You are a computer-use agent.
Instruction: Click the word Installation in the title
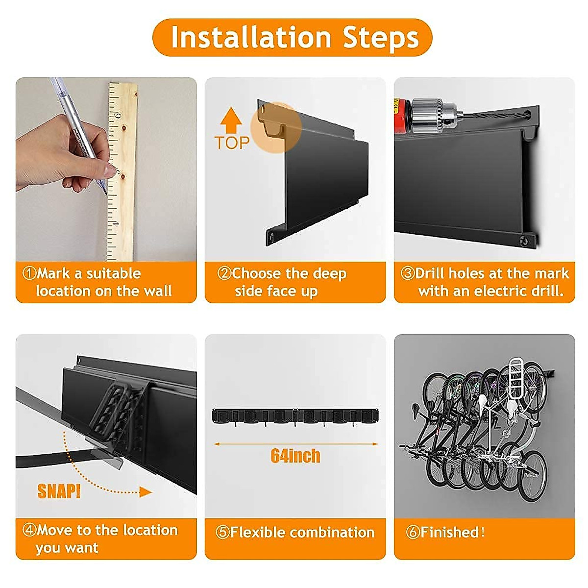coord(251,37)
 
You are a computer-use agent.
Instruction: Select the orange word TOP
coord(232,143)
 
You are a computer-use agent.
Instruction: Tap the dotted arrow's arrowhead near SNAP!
coord(145,492)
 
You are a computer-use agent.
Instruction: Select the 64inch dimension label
coord(295,456)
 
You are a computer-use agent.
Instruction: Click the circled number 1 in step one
coord(29,273)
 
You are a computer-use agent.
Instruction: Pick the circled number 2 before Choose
coord(224,273)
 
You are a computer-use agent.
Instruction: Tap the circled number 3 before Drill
coord(407,273)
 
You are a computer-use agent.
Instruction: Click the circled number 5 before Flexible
coord(222,533)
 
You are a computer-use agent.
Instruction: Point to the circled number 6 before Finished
coord(413,533)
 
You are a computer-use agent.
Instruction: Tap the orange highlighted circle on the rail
coord(276,127)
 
